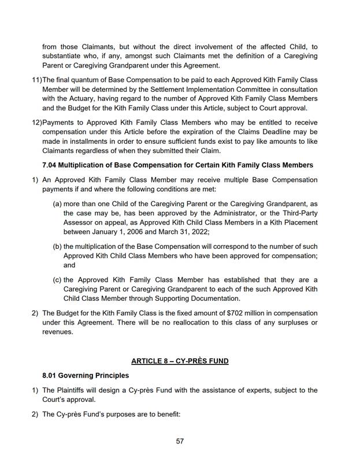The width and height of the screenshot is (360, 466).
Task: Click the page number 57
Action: coord(180,441)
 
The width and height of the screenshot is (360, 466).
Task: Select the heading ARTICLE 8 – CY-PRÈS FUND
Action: coord(180,361)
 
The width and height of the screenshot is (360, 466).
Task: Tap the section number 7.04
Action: coord(51,165)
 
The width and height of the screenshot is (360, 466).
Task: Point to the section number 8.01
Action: coord(51,375)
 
